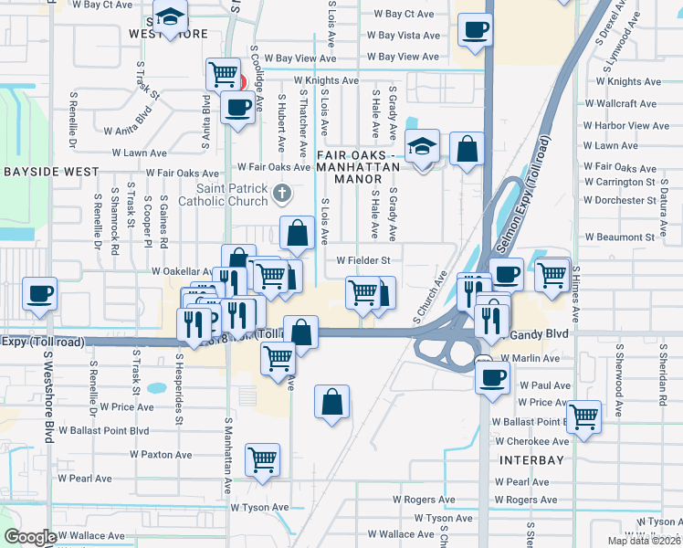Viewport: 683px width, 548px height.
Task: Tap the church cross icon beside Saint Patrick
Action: coord(283,192)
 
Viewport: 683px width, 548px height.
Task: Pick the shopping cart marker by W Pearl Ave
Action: coord(262,459)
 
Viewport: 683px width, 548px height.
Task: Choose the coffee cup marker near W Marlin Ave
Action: coord(494,376)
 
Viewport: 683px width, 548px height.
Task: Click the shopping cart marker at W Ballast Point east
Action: coord(583,416)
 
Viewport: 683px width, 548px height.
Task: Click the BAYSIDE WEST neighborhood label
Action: coord(50,171)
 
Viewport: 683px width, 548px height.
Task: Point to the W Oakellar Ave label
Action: coord(182,271)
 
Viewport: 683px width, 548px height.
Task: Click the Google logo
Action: coord(30,536)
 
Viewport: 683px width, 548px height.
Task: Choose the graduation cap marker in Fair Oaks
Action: coord(422,146)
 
